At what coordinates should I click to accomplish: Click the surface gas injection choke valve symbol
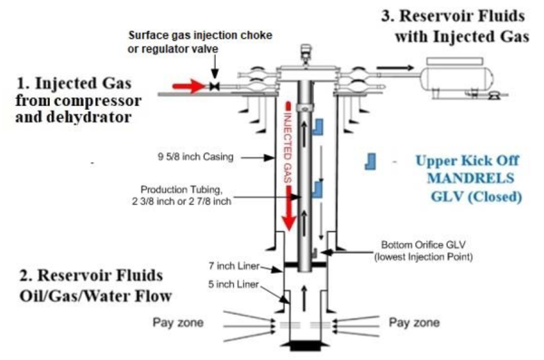point(215,86)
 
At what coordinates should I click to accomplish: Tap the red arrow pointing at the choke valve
point(189,86)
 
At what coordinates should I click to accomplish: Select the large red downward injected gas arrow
point(288,208)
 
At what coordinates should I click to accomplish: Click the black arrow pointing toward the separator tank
point(395,68)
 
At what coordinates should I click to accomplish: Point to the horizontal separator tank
point(457,78)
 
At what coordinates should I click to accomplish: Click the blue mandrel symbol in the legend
point(370,161)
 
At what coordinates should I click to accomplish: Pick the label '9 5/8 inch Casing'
point(196,157)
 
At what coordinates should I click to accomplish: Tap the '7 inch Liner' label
point(234,267)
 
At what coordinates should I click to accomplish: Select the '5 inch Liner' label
point(234,285)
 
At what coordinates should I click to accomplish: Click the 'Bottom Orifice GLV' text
point(423,245)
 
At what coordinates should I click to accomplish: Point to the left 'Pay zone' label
point(178,323)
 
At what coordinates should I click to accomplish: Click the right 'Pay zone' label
point(414,323)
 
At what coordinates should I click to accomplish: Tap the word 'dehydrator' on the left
point(89,117)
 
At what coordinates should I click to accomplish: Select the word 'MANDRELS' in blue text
point(471,178)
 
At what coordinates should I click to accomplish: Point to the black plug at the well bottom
point(306,345)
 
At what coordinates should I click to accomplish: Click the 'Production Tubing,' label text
point(181,190)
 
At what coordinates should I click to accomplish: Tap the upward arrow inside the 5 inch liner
point(305,298)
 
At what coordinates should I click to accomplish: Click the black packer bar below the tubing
point(306,265)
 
